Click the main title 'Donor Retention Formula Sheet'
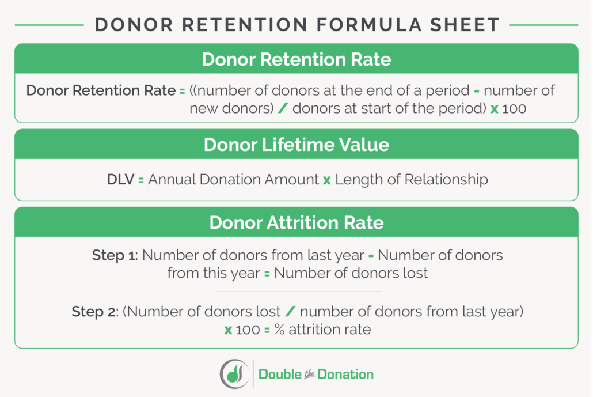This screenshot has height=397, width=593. pos(296,25)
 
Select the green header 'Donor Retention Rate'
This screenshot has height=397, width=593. pos(296,60)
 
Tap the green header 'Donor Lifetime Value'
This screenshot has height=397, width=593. pos(296,145)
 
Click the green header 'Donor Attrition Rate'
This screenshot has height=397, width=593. pos(296,222)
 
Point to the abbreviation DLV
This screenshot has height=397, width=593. pos(120,179)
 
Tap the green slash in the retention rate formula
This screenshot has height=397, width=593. pos(282,108)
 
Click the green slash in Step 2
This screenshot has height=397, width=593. pos(290,312)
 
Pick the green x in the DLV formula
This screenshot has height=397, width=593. pos(326,180)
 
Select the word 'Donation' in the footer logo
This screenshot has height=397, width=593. pos(347,375)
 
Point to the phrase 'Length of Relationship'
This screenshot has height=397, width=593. pos(411,179)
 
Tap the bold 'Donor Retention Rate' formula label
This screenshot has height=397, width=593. pos(101,90)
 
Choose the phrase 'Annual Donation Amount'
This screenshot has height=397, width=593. pos(233,179)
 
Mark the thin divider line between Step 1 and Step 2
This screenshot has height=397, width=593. pos(296,292)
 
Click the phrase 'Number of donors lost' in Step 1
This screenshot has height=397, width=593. pos(351,273)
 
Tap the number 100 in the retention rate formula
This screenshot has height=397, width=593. pos(514,108)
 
